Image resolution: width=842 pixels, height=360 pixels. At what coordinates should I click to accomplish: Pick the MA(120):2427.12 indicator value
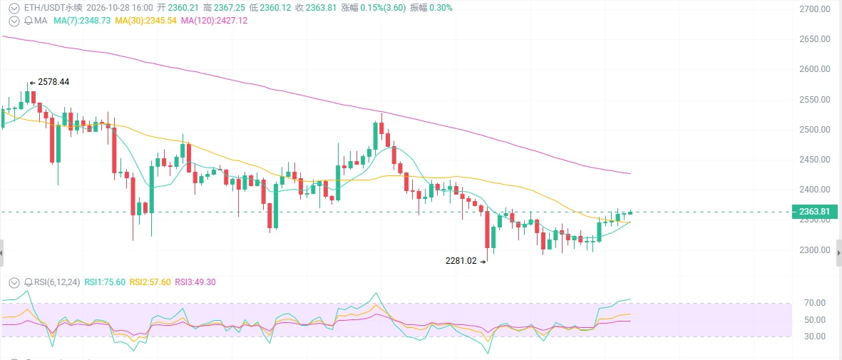pos(215,21)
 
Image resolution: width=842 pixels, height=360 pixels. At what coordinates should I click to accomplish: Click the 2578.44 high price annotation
pos(53,82)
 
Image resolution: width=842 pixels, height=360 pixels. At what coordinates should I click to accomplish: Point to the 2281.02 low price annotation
pos(461,261)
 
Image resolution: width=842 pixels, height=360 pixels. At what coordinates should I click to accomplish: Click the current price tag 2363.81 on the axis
pos(815,212)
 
